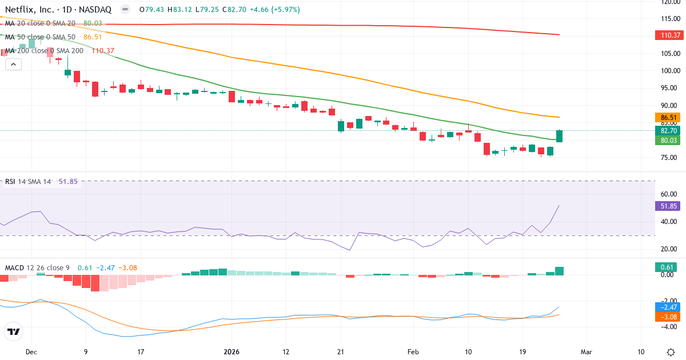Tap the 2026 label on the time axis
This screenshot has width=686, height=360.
(x=232, y=351)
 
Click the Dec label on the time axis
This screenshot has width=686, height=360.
(x=31, y=351)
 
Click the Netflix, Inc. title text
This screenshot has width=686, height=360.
(x=29, y=10)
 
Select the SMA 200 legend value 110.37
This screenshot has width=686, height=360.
(x=103, y=50)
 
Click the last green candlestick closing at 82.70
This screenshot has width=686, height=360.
(x=559, y=136)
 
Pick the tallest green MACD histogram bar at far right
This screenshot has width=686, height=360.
(x=559, y=271)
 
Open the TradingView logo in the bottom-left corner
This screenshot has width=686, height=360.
(x=13, y=331)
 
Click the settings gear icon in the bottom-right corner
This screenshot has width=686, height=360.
(x=671, y=351)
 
